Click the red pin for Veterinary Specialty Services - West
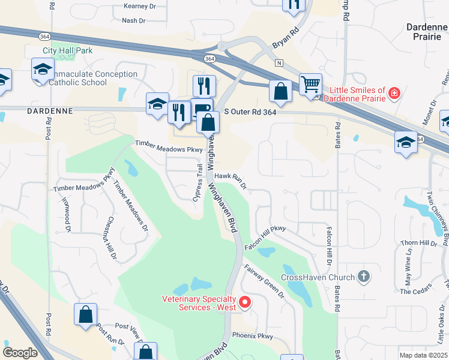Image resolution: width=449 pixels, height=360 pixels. coord(244,302)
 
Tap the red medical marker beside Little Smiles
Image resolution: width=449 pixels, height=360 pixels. coord(394,94)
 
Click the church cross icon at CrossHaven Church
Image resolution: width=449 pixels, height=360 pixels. coord(363,277)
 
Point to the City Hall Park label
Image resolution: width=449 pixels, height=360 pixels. coord(67,51)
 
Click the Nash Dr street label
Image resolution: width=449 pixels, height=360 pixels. coord(133,20)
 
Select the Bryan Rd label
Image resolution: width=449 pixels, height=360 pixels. coord(285,38)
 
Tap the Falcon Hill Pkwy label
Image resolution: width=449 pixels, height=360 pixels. coord(265,238)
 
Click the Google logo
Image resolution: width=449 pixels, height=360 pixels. coord(20,352)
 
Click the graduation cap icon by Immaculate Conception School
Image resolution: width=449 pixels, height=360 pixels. coord(43,69)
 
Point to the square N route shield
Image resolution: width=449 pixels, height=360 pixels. coord(279,62)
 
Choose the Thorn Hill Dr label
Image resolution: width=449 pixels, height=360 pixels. coord(418,243)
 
